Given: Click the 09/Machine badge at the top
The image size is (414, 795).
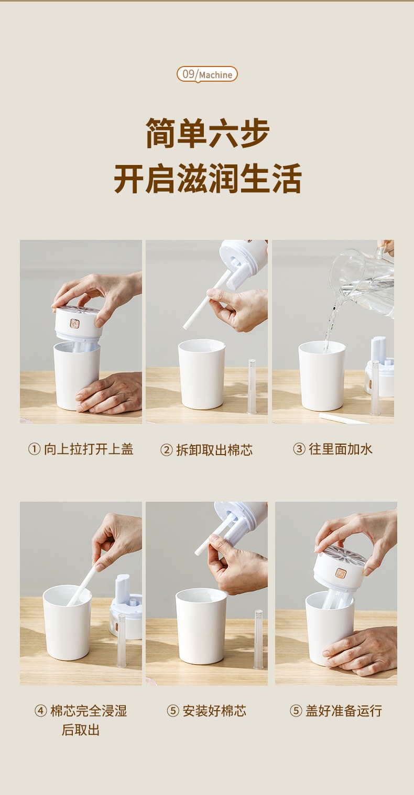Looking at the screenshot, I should pos(207,74).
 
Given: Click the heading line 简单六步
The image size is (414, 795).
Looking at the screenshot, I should pos(208,134).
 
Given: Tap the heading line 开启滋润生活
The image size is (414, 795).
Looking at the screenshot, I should pos(208,179).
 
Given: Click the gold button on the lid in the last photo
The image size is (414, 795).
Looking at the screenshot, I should pos(341,573).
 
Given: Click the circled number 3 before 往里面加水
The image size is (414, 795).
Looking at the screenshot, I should pos(299,449).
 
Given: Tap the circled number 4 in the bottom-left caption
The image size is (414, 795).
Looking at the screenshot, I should pos(40,711).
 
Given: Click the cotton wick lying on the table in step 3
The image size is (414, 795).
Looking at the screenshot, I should pos(341,418).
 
